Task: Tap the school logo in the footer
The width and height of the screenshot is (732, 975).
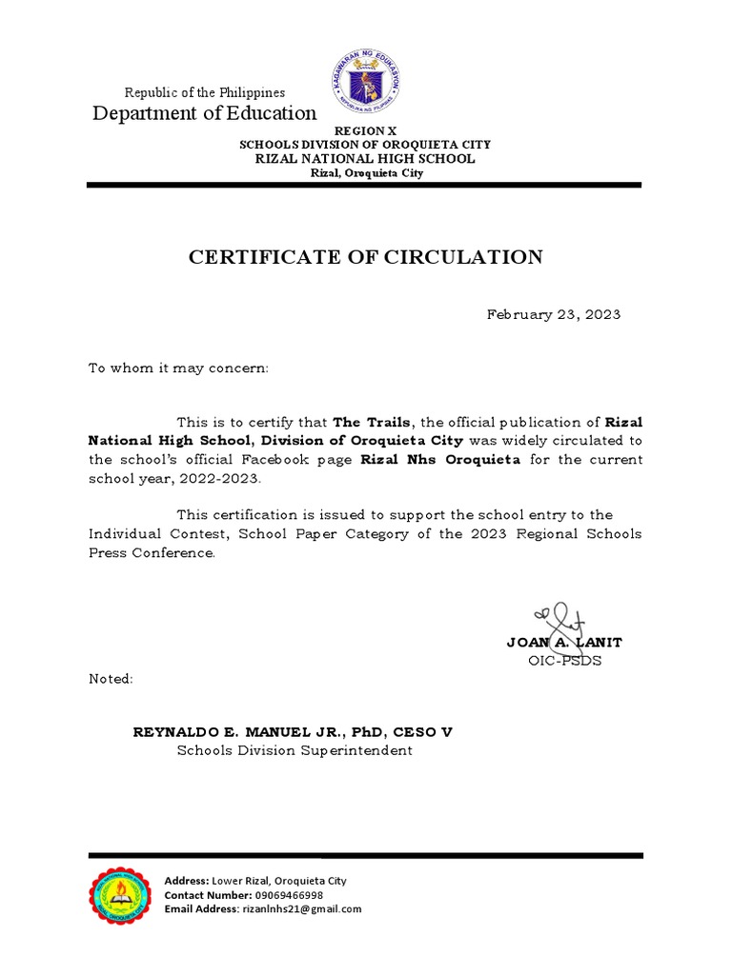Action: pos(120,895)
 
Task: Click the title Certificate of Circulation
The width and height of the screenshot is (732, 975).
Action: pos(365,257)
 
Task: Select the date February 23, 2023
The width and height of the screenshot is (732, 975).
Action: pos(554,314)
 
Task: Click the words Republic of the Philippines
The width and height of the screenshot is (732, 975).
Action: pos(205,92)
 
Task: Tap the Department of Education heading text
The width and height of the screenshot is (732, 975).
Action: pos(204,114)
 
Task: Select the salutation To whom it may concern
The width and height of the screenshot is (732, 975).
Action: pos(179,368)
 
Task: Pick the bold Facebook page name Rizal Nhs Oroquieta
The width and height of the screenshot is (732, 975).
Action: pos(439,459)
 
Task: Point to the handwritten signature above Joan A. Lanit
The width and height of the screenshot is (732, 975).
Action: pos(558,618)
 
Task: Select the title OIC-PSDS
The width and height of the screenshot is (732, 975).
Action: pos(564,661)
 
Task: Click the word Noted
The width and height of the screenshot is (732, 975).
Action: pos(112,679)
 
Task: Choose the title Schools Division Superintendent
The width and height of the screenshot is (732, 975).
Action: pos(295,750)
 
